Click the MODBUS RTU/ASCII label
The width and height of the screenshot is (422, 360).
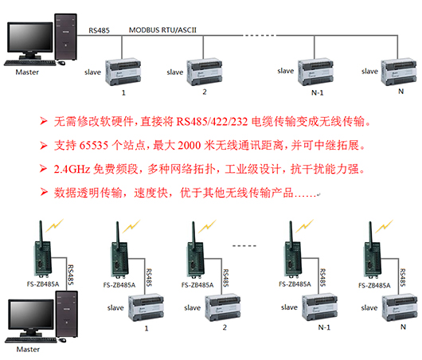pos(162,30)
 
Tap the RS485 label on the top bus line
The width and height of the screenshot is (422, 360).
pos(99,30)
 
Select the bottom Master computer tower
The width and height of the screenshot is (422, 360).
pos(67,314)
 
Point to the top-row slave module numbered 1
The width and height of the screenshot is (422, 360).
pos(123,72)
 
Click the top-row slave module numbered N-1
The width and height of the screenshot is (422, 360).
pos(315,72)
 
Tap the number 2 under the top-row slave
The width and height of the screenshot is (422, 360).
pos(205,92)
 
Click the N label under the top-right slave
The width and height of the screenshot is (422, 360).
pos(401,92)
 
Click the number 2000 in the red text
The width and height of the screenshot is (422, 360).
pos(190,146)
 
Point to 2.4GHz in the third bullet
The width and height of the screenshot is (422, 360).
pos(72,169)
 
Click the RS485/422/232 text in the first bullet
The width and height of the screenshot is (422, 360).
pos(212,122)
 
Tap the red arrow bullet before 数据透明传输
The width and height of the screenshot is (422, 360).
pos(44,192)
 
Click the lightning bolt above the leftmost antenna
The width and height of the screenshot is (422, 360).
pos(55,225)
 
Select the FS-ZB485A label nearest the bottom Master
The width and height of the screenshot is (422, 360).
pos(43,284)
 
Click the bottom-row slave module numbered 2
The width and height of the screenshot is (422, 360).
pos(223,308)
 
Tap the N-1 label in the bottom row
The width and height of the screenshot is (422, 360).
pos(324,327)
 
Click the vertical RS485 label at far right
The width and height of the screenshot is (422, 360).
pos(403,277)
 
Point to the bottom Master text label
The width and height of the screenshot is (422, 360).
pos(28,350)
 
